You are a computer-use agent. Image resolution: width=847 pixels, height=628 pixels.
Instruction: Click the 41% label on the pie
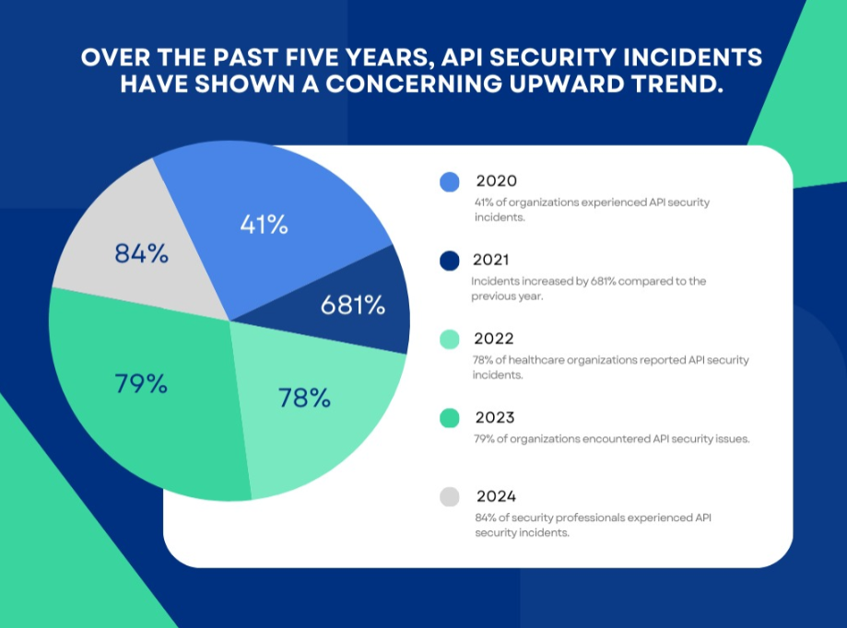265,224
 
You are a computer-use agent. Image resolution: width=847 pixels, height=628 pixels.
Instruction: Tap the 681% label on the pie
353,305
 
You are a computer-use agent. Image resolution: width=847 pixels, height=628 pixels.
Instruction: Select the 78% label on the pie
304,398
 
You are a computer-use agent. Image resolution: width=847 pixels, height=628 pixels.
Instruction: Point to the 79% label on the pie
141,383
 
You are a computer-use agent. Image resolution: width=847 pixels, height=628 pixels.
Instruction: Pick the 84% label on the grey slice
141,253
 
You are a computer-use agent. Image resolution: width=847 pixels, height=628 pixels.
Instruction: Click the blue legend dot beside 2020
450,181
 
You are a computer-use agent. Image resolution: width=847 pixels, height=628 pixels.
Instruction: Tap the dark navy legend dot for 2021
450,261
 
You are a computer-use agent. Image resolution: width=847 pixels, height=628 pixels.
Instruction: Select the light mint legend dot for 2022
450,339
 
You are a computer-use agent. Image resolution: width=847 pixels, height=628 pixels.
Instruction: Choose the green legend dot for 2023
450,418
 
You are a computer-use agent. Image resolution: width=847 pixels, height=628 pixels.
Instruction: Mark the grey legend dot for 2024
450,497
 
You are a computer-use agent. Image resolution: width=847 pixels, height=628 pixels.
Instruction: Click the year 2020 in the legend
497,180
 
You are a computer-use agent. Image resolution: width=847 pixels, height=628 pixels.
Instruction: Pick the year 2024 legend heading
497,496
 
